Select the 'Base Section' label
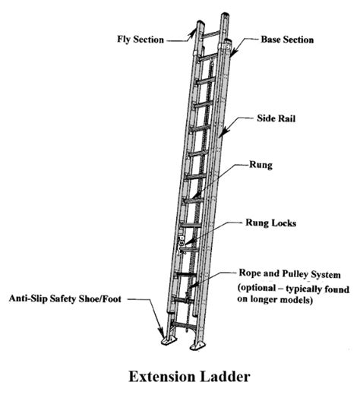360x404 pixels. pos(286,38)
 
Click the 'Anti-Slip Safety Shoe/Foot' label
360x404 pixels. pos(67,298)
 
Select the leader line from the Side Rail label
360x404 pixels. pos(239,125)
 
